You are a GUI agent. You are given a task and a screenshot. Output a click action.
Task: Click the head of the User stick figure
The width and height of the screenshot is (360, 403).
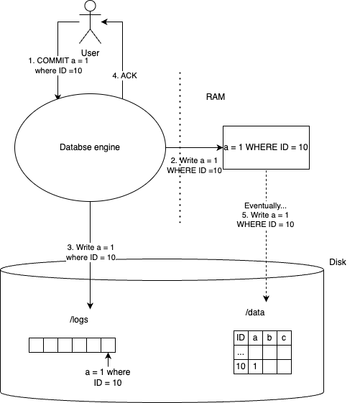point(90,7)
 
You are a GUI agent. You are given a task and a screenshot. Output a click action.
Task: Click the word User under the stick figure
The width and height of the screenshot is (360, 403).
point(90,52)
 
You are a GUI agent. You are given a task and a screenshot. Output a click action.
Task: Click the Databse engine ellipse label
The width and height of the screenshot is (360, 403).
point(90,147)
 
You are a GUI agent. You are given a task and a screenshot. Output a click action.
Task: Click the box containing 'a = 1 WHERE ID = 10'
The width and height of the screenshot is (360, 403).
point(266,147)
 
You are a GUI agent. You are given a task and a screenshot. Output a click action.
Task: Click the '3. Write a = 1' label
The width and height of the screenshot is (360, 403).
point(90,252)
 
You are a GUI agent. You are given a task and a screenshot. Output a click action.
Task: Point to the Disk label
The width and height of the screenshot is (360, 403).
point(337,262)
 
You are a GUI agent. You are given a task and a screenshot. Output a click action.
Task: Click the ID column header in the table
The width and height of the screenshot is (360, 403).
point(241,338)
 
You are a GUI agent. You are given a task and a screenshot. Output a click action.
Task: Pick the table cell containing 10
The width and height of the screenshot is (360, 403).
point(241,366)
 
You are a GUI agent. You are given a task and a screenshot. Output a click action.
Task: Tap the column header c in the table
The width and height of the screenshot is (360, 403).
point(285,338)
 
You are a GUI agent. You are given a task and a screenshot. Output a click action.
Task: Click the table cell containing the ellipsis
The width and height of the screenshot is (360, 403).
point(241,352)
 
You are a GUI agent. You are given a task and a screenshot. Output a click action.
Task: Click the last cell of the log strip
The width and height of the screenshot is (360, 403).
point(109,346)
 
